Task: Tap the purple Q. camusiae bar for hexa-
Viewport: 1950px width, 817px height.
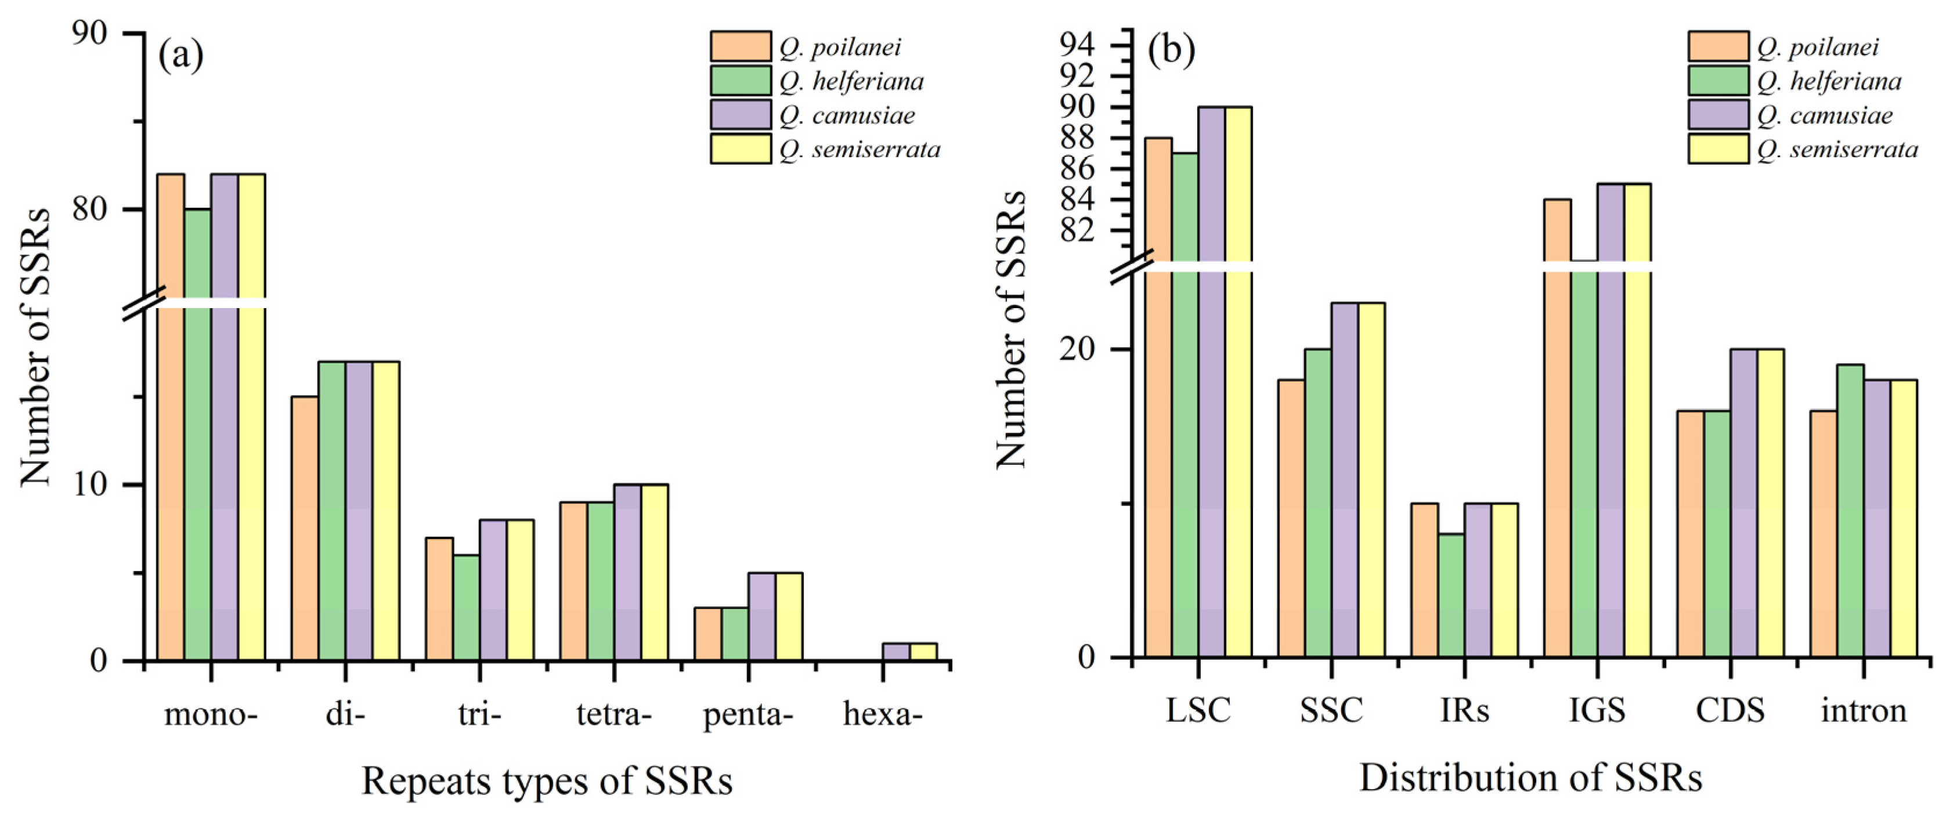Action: click(x=896, y=652)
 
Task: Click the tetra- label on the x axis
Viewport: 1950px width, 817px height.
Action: click(x=613, y=714)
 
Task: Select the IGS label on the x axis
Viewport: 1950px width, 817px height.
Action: click(x=1597, y=710)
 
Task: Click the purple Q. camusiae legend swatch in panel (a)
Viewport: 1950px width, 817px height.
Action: click(x=741, y=115)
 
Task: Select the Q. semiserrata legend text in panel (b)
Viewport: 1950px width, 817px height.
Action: click(x=1837, y=149)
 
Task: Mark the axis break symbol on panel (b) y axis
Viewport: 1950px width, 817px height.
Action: click(x=1132, y=266)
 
